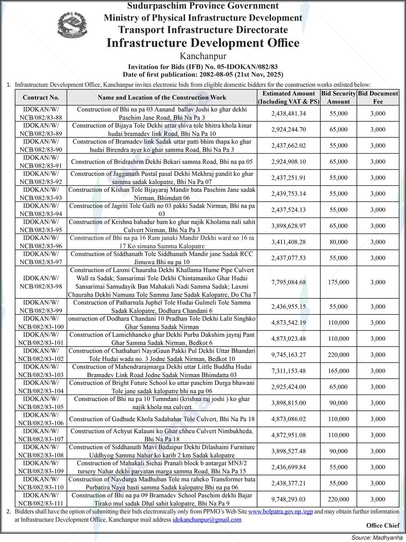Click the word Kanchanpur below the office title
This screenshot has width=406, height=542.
(203, 56)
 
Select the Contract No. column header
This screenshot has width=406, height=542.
(41, 98)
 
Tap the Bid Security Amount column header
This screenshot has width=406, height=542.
(338, 98)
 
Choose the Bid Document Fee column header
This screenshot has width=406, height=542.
(378, 98)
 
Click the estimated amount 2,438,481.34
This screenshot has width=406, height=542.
(288, 113)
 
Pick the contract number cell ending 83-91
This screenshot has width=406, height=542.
(41, 162)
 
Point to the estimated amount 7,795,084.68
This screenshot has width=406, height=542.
(288, 282)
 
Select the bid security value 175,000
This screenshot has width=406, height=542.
(338, 282)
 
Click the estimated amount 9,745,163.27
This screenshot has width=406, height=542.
(288, 355)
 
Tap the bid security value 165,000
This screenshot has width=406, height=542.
(338, 371)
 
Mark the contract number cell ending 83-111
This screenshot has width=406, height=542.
(41, 499)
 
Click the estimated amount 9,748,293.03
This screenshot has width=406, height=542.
(288, 499)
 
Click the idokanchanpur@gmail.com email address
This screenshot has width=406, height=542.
(207, 520)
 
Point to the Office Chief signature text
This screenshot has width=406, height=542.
(383, 526)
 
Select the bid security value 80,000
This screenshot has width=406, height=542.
(338, 242)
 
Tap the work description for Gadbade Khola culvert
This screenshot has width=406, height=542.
(162, 419)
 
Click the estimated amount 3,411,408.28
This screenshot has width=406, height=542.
(288, 242)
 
